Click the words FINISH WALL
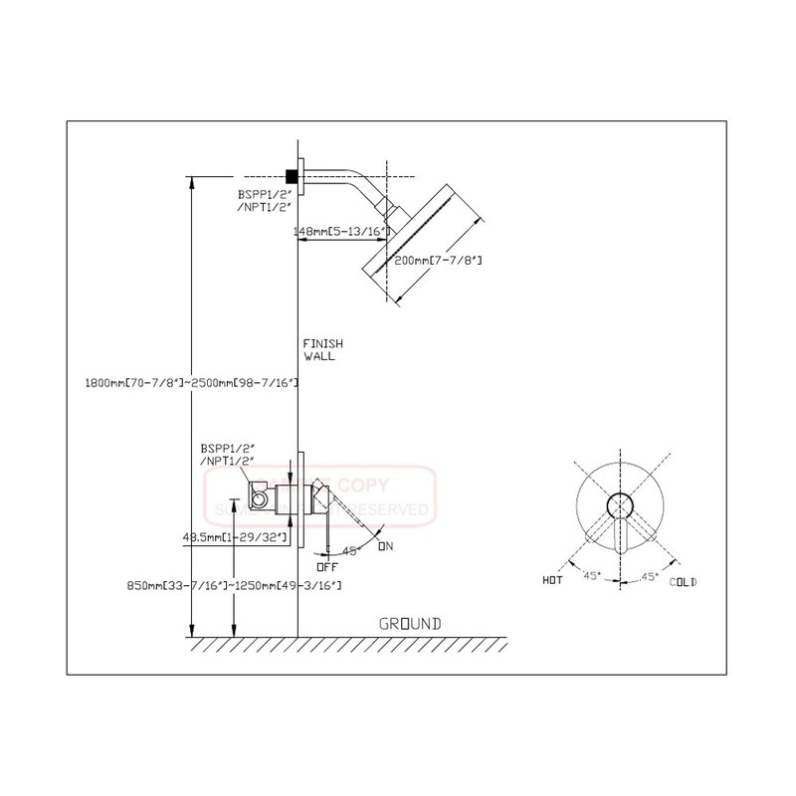(x=318, y=348)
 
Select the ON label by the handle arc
(x=388, y=545)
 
